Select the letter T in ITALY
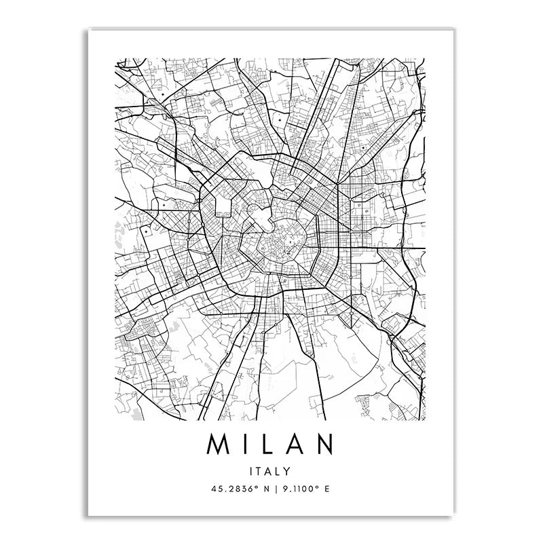[261, 470]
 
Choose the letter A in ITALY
[270, 470]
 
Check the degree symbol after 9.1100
[314, 485]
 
